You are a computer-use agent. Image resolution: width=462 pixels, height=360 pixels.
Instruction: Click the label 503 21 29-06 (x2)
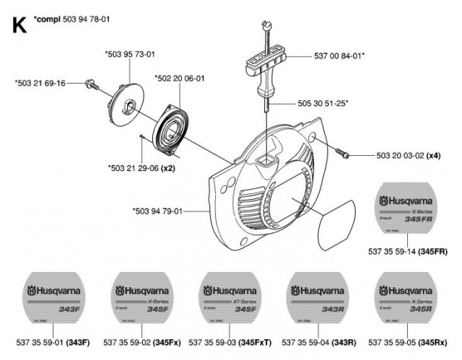tap(141, 167)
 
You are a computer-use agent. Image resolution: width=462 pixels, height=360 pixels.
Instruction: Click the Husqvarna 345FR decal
tap(412, 210)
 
